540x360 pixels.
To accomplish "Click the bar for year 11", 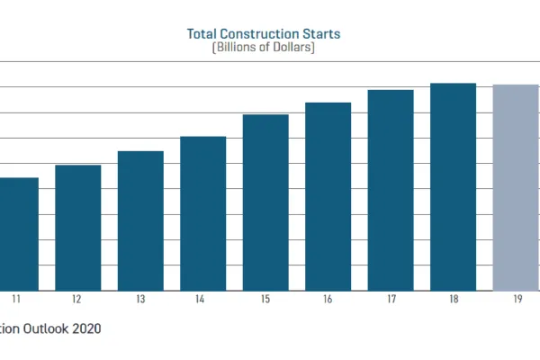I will [x=16, y=234].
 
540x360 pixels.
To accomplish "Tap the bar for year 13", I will [x=140, y=220].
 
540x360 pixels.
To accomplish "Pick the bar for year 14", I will [x=203, y=213].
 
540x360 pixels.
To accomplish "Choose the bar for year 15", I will [x=265, y=202].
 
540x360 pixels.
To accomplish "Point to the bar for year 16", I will [x=328, y=196].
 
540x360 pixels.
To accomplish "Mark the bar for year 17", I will [x=391, y=190].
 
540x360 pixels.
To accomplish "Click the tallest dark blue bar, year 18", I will [x=454, y=187].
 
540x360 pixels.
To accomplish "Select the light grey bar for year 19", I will [x=516, y=188].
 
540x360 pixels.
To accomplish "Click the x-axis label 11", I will [x=16, y=299].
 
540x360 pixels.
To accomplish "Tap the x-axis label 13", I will [x=140, y=299].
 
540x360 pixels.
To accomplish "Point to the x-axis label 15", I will [x=265, y=299].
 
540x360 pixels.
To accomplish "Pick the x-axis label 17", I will [x=391, y=299].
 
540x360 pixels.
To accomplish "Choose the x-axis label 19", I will [x=516, y=299].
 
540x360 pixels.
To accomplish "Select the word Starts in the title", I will [x=321, y=34].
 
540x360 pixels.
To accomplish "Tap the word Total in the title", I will [x=202, y=34].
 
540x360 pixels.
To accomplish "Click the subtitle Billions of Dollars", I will [x=262, y=48].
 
